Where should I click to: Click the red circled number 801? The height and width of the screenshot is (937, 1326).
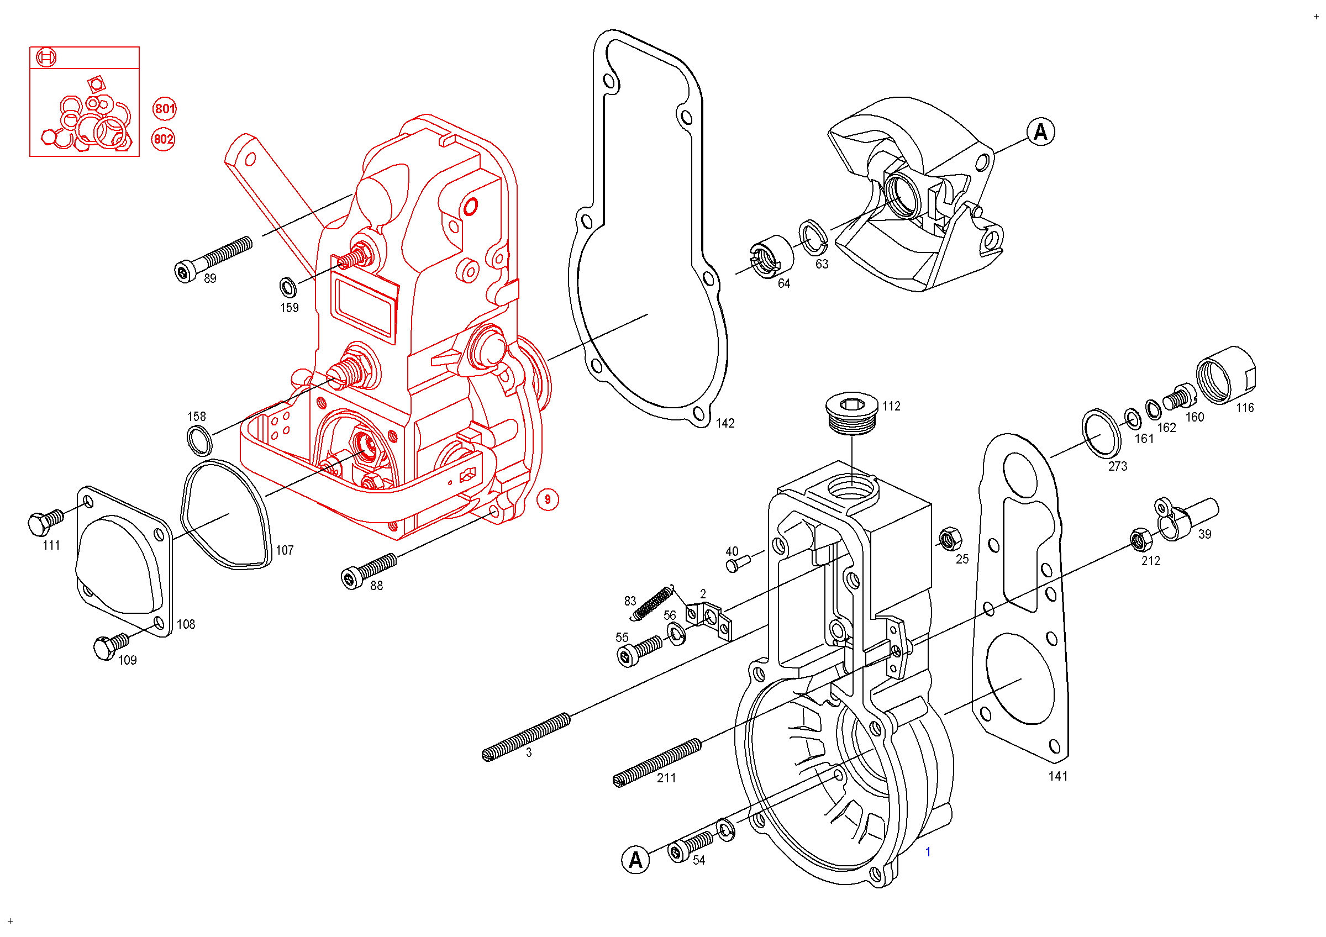pyautogui.click(x=165, y=108)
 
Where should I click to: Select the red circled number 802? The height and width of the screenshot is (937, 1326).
pyautogui.click(x=164, y=139)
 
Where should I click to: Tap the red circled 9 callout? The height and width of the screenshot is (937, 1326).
pyautogui.click(x=548, y=499)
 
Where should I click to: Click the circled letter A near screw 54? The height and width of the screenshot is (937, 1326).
pyautogui.click(x=635, y=861)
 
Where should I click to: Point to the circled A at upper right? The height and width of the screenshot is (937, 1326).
pyautogui.click(x=1041, y=132)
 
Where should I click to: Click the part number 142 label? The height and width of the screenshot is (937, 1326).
pyautogui.click(x=725, y=424)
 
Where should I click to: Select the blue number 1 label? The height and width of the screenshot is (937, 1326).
pyautogui.click(x=928, y=852)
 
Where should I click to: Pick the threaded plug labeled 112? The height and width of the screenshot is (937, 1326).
pyautogui.click(x=852, y=413)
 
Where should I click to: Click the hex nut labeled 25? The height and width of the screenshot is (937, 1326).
pyautogui.click(x=950, y=539)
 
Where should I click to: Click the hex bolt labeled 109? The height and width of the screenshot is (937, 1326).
pyautogui.click(x=110, y=646)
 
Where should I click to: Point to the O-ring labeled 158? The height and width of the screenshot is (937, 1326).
pyautogui.click(x=200, y=441)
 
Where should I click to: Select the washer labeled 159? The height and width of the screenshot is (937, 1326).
pyautogui.click(x=288, y=287)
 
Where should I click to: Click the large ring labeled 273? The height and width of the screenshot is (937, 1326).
pyautogui.click(x=1101, y=433)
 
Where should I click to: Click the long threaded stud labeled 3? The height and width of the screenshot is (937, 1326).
pyautogui.click(x=526, y=736)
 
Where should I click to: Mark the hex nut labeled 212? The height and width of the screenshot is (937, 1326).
pyautogui.click(x=1140, y=540)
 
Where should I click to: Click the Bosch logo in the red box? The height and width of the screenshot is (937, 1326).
pyautogui.click(x=46, y=57)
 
